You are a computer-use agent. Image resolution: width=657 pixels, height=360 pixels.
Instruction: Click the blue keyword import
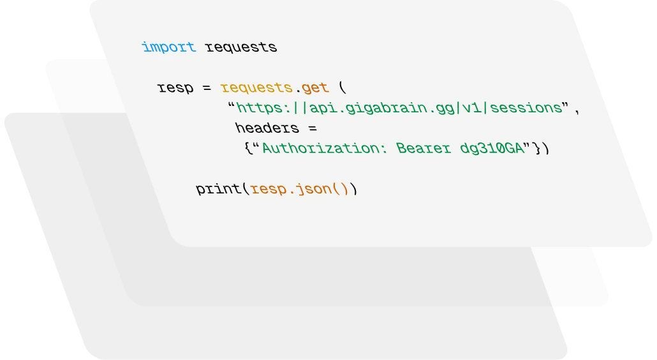point(168,47)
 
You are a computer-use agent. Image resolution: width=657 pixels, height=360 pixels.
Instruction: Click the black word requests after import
point(240,48)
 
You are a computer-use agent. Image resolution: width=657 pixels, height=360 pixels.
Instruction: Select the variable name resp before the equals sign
point(175,87)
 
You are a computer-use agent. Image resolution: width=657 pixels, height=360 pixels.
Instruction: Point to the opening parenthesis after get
point(343,87)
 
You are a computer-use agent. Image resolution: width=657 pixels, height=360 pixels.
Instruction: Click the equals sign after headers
point(312,128)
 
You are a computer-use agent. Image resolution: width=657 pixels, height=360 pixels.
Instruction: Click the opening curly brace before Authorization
point(247,148)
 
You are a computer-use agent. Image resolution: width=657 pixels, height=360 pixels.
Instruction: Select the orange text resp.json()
point(300,189)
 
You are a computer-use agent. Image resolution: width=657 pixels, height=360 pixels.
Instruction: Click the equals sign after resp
point(207,88)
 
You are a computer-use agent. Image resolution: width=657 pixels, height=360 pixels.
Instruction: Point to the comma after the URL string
point(577,110)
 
